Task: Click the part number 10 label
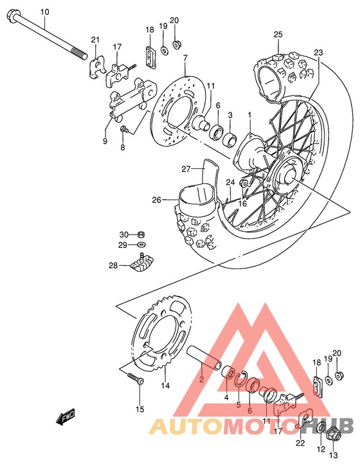44,12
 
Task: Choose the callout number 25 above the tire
278,34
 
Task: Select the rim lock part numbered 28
145,264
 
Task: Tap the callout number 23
318,53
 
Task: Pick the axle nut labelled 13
333,434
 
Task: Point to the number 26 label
156,200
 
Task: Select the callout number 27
186,170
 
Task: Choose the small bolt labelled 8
123,131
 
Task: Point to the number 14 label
165,385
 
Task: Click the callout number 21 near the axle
95,40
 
